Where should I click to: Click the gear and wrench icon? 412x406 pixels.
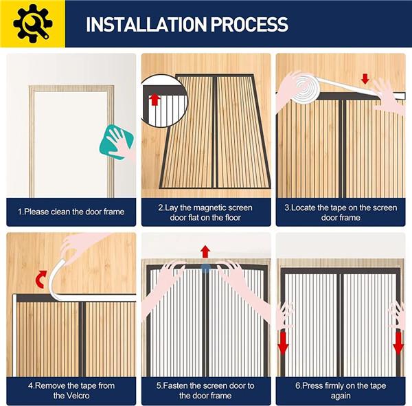coord(32,23)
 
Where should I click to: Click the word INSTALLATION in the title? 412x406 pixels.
coord(146,25)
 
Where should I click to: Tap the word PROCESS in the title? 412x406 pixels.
coord(249,25)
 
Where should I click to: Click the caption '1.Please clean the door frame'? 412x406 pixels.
coord(71,212)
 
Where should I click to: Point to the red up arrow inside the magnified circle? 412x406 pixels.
coord(154,100)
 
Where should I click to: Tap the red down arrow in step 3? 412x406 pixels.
coord(365,78)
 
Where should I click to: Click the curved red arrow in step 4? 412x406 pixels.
coord(41,280)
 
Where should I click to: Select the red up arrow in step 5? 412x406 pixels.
coord(205,251)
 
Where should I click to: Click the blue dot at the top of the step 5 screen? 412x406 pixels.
coord(205,269)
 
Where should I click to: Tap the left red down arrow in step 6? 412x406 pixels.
coord(283,343)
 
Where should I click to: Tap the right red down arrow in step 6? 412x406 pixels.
coord(398,343)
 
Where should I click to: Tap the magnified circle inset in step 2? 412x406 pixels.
coord(164,101)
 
